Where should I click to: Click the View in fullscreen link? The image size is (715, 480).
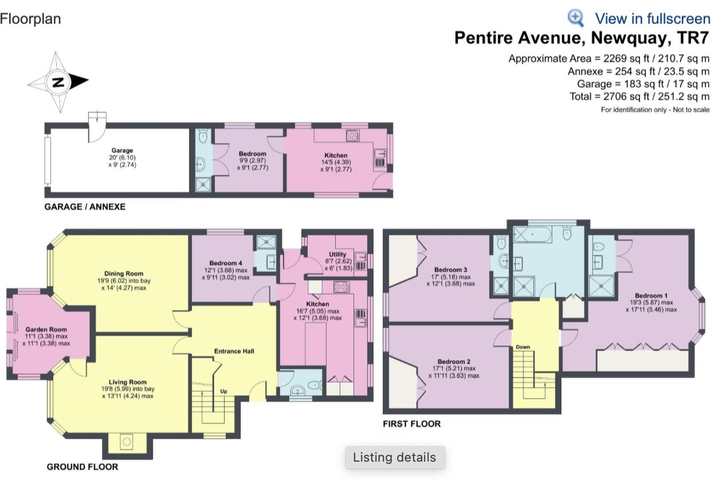[652, 18]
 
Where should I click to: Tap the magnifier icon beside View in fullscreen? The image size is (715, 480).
[576, 18]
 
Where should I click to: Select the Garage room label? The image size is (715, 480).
[123, 151]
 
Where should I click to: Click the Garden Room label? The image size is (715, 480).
[46, 329]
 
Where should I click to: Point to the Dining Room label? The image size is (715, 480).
[123, 273]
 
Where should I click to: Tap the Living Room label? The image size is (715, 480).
[128, 382]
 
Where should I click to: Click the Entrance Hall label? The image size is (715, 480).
[234, 351]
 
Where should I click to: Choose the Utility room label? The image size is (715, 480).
[337, 254]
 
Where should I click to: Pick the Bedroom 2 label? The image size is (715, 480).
[454, 361]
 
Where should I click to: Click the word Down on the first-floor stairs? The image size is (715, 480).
[522, 347]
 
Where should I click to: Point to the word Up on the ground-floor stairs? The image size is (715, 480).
[225, 392]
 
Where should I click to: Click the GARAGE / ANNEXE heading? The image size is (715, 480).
[85, 206]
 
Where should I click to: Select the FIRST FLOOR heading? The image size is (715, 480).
[411, 424]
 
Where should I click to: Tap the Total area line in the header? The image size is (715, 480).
[639, 96]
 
